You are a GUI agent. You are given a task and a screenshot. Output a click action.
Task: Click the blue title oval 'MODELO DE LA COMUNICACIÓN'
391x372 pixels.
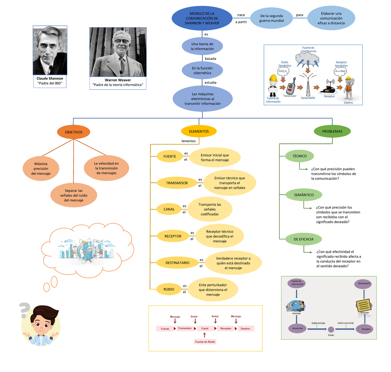[202, 18]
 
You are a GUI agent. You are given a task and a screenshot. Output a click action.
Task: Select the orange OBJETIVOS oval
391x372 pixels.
[74, 132]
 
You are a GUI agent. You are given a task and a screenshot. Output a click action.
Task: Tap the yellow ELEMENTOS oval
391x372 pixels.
[199, 131]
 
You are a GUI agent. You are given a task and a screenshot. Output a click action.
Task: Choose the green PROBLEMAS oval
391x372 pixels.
[332, 131]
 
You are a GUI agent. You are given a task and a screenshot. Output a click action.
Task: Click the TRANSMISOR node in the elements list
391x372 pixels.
[177, 183]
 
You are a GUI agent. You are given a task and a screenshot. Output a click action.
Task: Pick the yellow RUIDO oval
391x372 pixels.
[169, 289]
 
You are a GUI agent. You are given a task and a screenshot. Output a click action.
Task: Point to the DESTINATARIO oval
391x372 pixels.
[177, 263]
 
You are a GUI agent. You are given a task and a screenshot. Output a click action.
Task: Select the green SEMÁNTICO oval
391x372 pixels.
[304, 195]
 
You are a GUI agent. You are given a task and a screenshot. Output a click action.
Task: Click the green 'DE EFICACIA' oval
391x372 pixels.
[303, 239]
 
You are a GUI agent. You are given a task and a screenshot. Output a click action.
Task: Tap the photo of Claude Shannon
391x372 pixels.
[50, 51]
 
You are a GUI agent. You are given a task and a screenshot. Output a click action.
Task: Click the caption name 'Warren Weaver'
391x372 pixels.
[118, 80]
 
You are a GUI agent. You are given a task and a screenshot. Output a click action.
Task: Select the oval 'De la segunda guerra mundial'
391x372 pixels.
[271, 18]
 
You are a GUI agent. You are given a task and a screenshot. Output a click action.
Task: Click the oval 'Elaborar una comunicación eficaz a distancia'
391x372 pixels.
[331, 18]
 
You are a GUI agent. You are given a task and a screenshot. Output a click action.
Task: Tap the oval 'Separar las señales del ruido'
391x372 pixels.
[74, 195]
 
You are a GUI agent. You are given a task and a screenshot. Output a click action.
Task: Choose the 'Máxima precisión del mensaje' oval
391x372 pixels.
[41, 169]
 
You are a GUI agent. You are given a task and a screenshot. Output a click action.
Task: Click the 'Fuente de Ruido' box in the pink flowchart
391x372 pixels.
[205, 342]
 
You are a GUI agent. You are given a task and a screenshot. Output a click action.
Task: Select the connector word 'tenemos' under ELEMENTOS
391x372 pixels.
[188, 141]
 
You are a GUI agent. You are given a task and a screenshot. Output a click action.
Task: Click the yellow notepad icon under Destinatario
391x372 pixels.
[364, 305]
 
